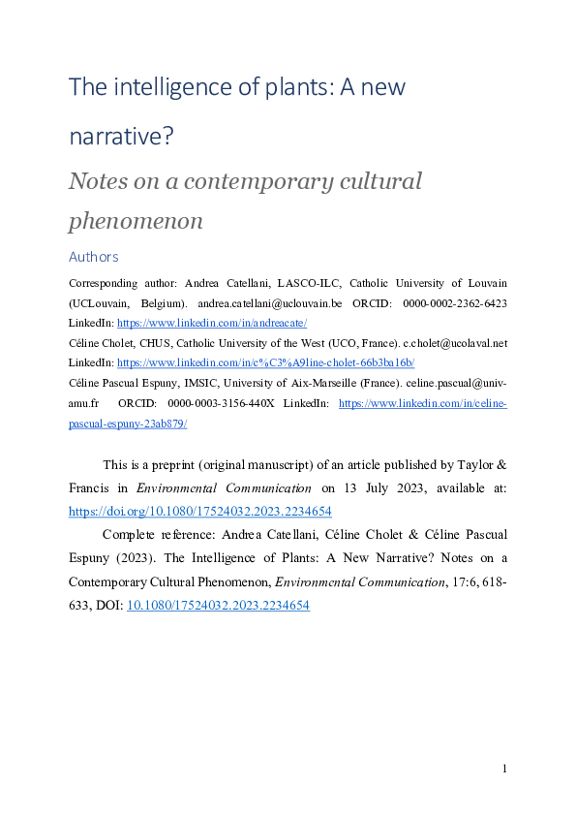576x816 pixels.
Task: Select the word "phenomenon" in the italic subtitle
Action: coord(136,220)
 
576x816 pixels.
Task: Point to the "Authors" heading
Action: coord(94,257)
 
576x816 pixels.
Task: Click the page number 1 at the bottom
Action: coord(504,769)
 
